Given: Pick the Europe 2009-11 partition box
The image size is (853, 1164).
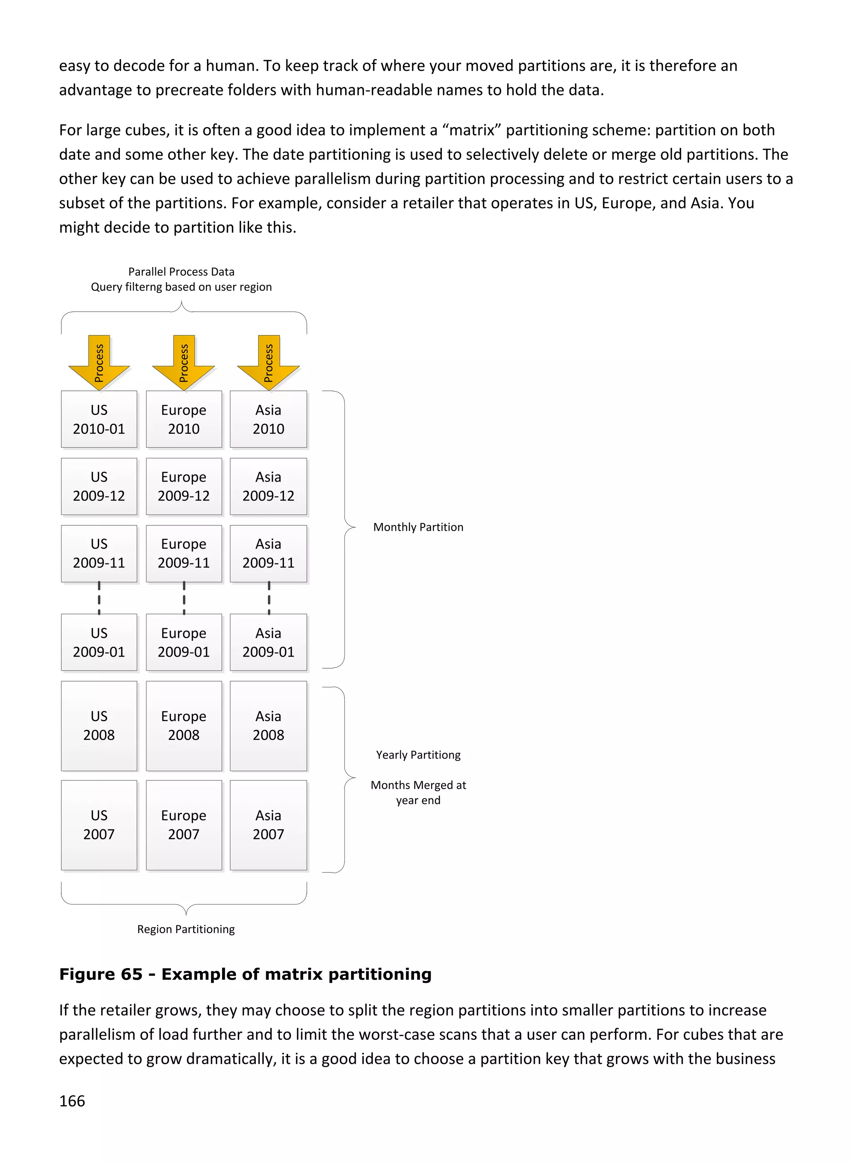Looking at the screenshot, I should pyautogui.click(x=183, y=553).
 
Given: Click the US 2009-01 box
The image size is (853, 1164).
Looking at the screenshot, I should pyautogui.click(x=99, y=642).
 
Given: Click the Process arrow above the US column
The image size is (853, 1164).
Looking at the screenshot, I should pyautogui.click(x=99, y=362).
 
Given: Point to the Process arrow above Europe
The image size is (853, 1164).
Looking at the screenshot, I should pyautogui.click(x=183, y=362).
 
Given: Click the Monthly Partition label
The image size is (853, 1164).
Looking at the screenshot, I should pyautogui.click(x=418, y=527).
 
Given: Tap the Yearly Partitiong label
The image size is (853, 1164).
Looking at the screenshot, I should pyautogui.click(x=418, y=754).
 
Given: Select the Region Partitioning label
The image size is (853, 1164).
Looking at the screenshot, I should pyautogui.click(x=185, y=929).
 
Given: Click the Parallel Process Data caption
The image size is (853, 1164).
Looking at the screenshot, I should pyautogui.click(x=181, y=272).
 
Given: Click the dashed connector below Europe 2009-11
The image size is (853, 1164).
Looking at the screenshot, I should pyautogui.click(x=184, y=598).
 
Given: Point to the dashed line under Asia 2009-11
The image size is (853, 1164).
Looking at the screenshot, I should pyautogui.click(x=269, y=598).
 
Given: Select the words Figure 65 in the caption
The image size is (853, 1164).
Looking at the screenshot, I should pyautogui.click(x=100, y=974).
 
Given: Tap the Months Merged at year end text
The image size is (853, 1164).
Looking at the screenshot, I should pyautogui.click(x=418, y=792).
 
